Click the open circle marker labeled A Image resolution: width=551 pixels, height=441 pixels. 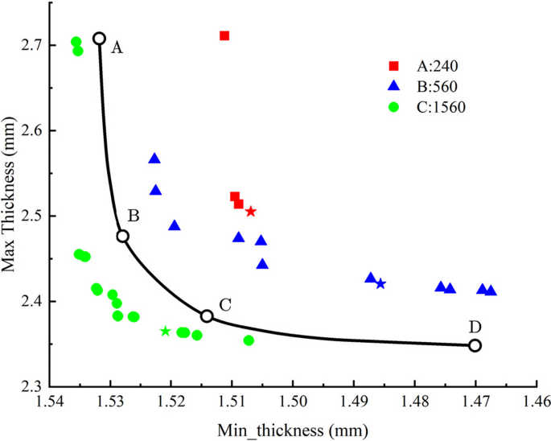(99, 39)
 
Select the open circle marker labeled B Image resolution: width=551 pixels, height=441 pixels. (123, 236)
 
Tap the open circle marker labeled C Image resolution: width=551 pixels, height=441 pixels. (207, 316)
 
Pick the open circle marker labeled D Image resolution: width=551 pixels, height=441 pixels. (475, 345)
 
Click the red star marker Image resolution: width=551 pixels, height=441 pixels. (251, 212)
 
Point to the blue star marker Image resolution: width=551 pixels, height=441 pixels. (380, 284)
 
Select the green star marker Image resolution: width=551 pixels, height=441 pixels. (166, 332)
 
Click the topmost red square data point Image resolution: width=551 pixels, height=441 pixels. (224, 35)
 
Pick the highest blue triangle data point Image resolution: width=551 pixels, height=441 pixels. (154, 159)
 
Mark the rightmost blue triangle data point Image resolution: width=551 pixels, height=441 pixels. (491, 291)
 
